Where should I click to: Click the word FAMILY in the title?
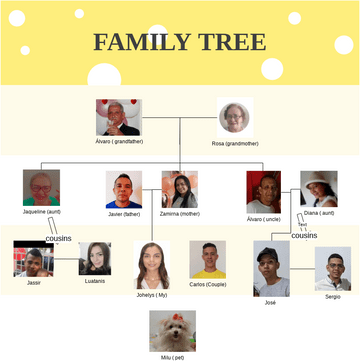pyautogui.click(x=142, y=42)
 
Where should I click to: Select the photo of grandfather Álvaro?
pyautogui.click(x=118, y=117)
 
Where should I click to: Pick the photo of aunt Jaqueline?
pyautogui.click(x=41, y=187)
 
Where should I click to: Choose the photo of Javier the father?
pyautogui.click(x=124, y=190)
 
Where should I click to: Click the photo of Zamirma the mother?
pyautogui.click(x=179, y=190)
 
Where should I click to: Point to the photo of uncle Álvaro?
pyautogui.click(x=263, y=192)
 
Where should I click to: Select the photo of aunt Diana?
pyautogui.click(x=318, y=189)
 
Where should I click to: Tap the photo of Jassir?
pyautogui.click(x=33, y=259)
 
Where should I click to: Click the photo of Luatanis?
pyautogui.click(x=94, y=259)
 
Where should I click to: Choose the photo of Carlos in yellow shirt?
pyautogui.click(x=208, y=260)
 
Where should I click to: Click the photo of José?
pyautogui.click(x=270, y=267)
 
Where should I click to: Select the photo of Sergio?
pyautogui.click(x=332, y=268)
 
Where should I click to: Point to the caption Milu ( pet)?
pyautogui.click(x=173, y=356)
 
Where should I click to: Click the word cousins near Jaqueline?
pyautogui.click(x=58, y=240)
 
